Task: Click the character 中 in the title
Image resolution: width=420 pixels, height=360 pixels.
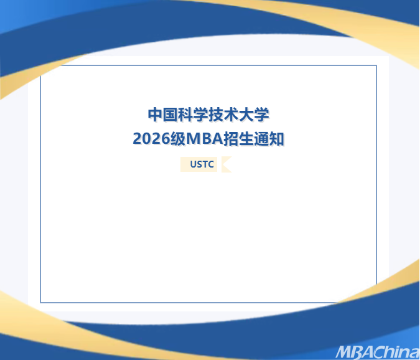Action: coord(156,115)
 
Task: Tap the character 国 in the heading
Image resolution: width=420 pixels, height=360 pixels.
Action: coord(170,115)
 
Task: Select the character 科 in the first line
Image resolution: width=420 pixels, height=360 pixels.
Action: coord(186,115)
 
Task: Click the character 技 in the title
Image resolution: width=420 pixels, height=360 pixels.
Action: coord(216,115)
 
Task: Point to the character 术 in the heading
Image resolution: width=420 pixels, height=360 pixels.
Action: coord(231,115)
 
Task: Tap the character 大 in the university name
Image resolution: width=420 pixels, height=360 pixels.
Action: coord(246,115)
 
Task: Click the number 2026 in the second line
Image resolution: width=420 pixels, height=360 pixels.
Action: coord(151,139)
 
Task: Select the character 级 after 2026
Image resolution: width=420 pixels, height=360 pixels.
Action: coord(178,139)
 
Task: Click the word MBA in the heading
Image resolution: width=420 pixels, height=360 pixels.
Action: coord(205,139)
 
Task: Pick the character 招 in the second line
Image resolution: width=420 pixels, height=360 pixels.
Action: coord(231,139)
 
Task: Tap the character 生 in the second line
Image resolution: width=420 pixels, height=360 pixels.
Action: coord(246,139)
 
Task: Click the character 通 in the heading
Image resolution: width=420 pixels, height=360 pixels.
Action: coord(261,139)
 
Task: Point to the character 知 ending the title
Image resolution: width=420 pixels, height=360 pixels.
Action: coord(276,139)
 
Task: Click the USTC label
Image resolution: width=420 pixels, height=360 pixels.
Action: coord(202,164)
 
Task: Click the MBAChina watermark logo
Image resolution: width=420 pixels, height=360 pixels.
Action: coord(377,352)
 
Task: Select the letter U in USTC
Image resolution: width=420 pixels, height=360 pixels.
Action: coord(193,164)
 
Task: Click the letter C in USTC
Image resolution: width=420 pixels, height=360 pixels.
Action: coord(211,164)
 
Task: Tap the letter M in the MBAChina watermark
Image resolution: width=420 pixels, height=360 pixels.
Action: coord(344,352)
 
